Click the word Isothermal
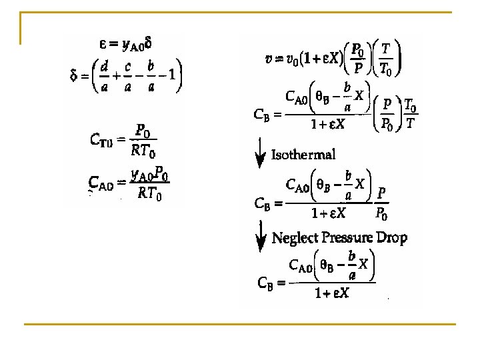click(x=303, y=155)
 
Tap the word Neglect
click(x=294, y=237)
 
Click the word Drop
click(x=393, y=237)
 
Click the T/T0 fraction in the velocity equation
click(x=386, y=58)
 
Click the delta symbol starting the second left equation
click(x=75, y=79)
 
